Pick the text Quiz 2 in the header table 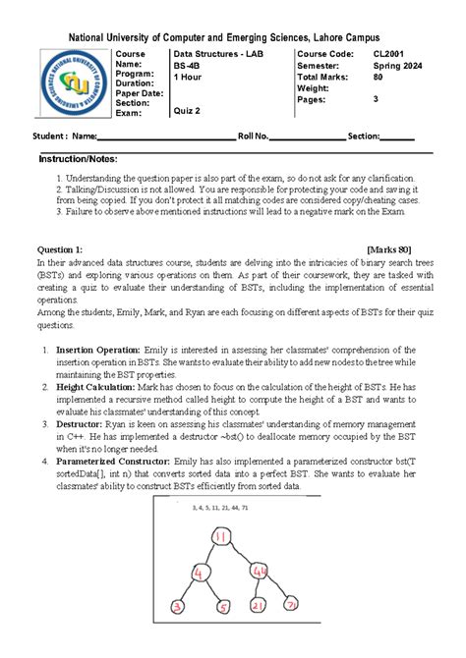coord(187,111)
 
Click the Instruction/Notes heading coord(78,158)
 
